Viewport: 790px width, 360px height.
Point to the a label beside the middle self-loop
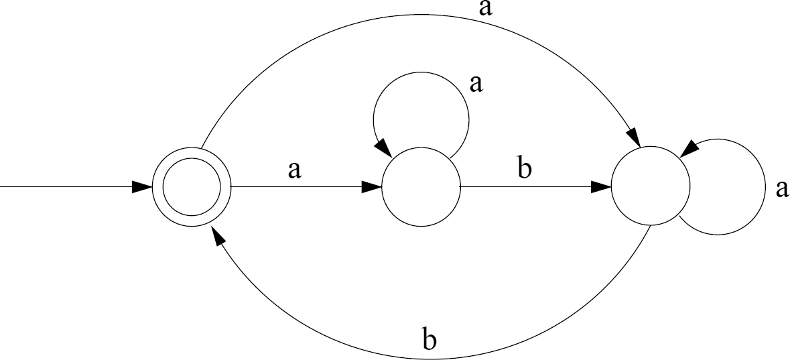point(476,84)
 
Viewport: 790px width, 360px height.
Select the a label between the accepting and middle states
point(293,170)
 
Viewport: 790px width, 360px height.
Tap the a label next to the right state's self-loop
point(781,189)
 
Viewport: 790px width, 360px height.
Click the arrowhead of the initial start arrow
point(142,187)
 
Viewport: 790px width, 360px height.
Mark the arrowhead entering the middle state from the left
point(371,187)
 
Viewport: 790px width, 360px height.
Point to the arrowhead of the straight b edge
point(602,187)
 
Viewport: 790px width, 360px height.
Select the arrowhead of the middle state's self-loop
point(384,146)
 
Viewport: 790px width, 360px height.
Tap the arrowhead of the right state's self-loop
point(687,149)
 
